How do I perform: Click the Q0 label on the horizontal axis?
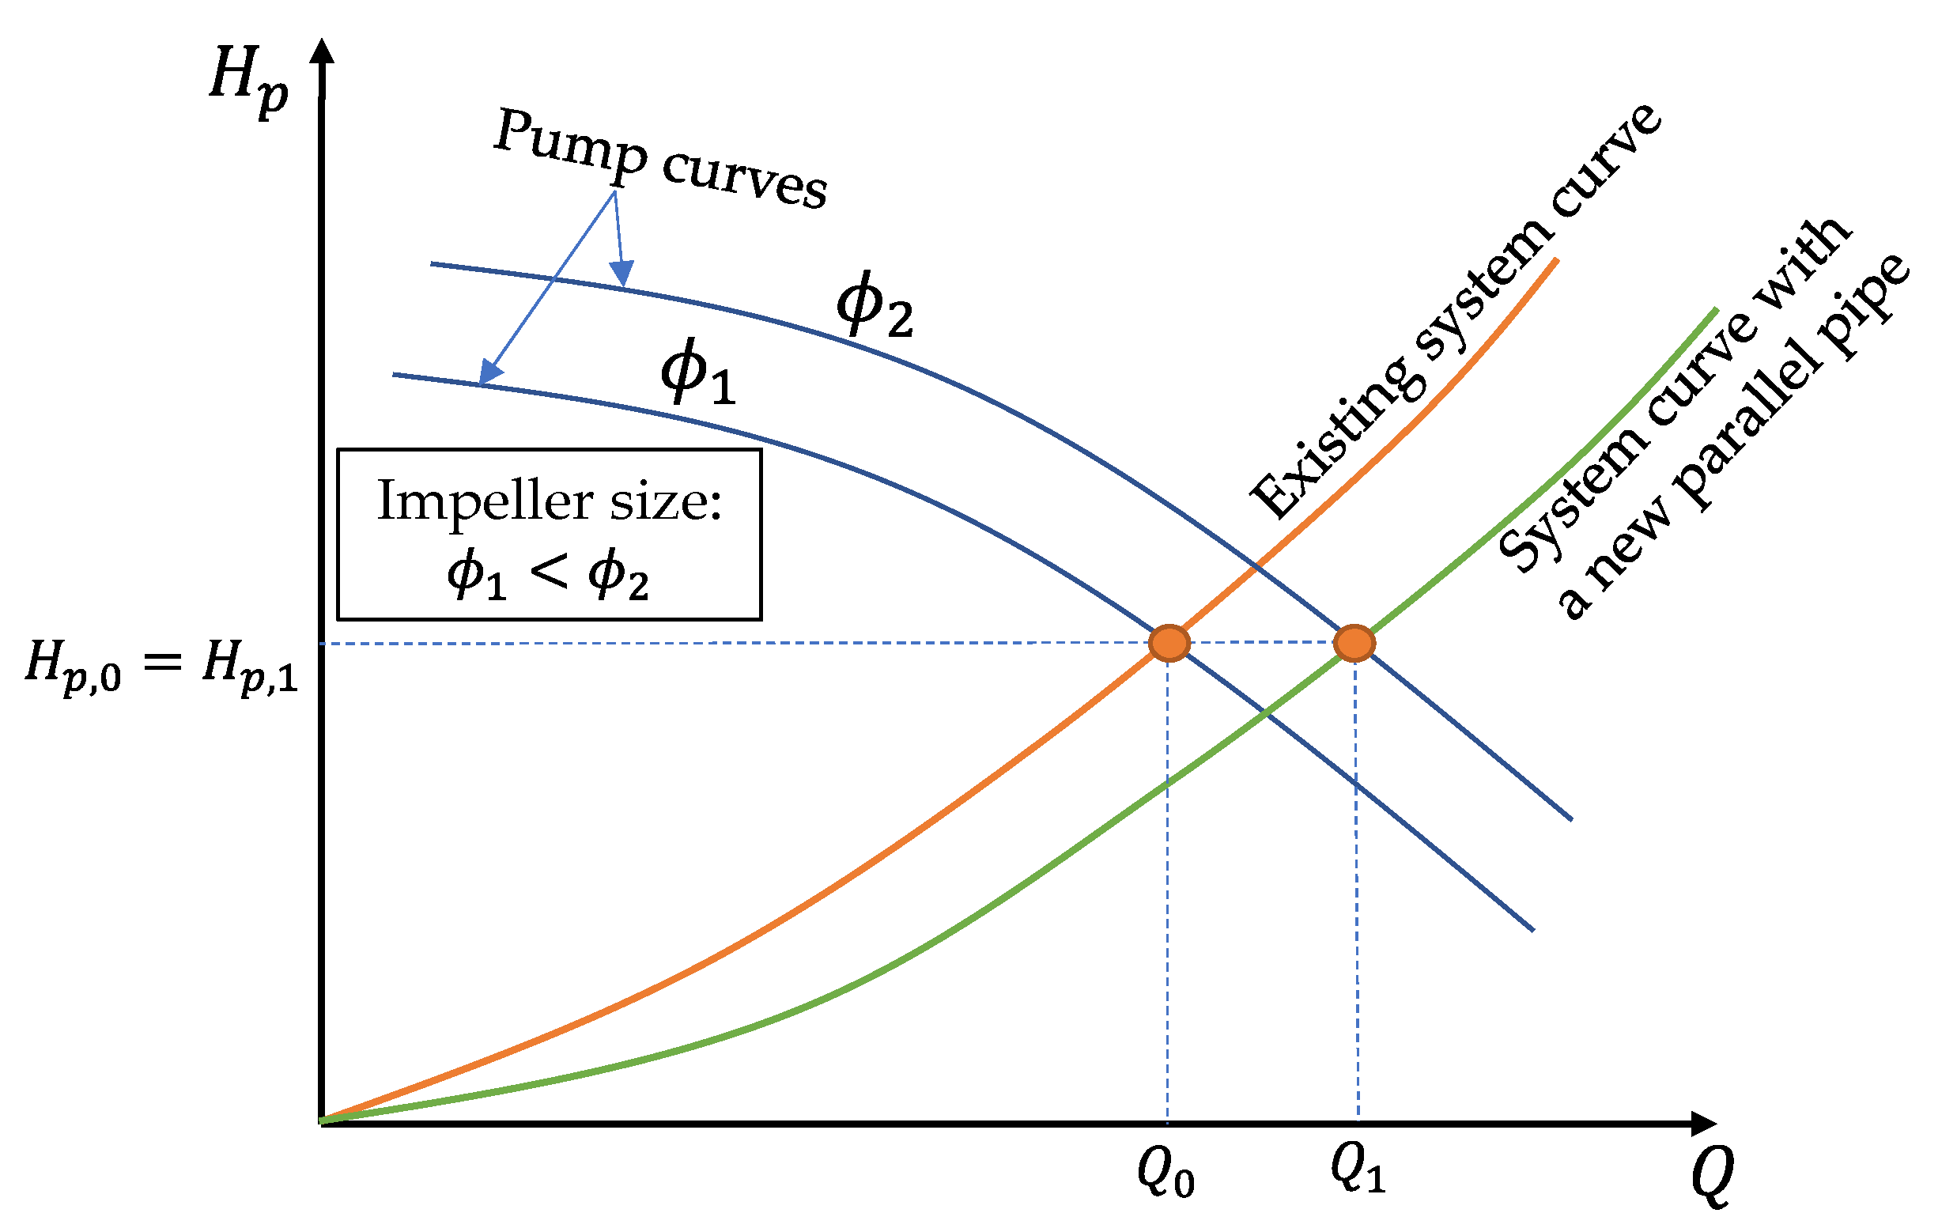point(1166,1173)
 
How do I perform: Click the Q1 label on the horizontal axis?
point(1357,1170)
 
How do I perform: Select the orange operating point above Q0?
point(1169,643)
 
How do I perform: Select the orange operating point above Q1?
point(1354,643)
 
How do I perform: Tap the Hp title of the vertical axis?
point(247,79)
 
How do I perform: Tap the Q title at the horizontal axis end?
point(1712,1176)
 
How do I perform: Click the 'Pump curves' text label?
point(660,157)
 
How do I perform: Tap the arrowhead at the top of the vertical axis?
point(323,51)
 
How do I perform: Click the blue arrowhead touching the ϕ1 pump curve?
point(489,373)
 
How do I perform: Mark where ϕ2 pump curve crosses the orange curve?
point(1256,565)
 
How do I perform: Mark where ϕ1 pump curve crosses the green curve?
point(1264,712)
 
